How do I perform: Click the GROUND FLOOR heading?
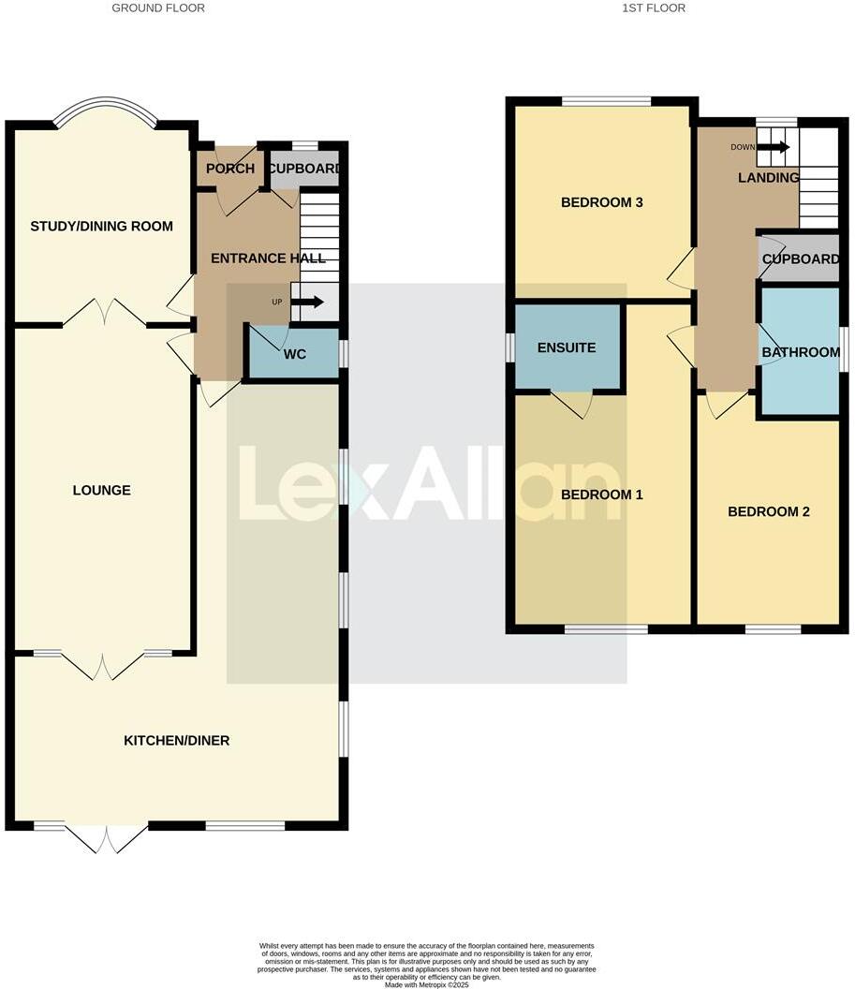[158, 8]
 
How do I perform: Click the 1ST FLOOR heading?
[654, 8]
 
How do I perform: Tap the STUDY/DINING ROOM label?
[102, 226]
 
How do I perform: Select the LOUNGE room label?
[102, 491]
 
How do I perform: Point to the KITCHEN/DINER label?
[177, 741]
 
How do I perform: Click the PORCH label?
[230, 169]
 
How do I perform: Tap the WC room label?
[295, 355]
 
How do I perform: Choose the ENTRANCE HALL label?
[268, 258]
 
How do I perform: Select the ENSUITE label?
[567, 347]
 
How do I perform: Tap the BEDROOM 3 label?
[601, 202]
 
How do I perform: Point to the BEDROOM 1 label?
[601, 494]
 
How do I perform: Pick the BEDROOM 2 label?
[769, 511]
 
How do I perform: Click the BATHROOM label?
[801, 352]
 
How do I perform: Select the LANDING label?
[768, 178]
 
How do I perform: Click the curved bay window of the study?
[106, 108]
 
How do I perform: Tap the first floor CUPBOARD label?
[801, 259]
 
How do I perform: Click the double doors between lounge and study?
[105, 312]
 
